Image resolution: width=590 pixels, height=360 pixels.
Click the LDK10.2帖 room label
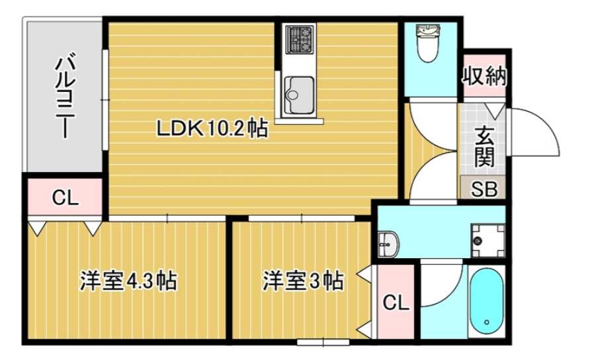click(x=212, y=128)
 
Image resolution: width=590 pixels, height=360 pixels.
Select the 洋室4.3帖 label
click(x=128, y=281)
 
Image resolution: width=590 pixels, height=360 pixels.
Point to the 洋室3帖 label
click(x=302, y=281)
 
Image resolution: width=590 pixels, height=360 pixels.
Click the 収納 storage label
click(x=484, y=76)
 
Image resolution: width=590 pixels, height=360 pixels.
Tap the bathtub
click(x=486, y=301)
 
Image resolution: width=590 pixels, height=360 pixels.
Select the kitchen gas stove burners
click(x=300, y=40)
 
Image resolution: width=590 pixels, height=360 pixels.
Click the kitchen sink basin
click(x=300, y=93)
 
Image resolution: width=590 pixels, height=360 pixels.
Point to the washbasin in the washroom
click(x=387, y=243)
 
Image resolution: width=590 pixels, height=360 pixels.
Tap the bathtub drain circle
click(x=487, y=323)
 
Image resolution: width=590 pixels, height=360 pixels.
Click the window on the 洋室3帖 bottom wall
click(x=323, y=342)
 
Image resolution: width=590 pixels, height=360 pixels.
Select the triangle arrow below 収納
click(x=495, y=109)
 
